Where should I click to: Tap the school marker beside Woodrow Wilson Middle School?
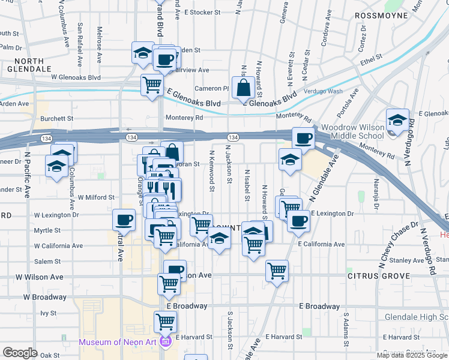point(397,120)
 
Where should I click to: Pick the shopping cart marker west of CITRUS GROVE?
point(277,271)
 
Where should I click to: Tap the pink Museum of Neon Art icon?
point(166,343)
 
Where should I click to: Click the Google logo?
point(20,353)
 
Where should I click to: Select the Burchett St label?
point(57,119)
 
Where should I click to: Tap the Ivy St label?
point(48,313)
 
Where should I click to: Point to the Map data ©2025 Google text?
point(411,355)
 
